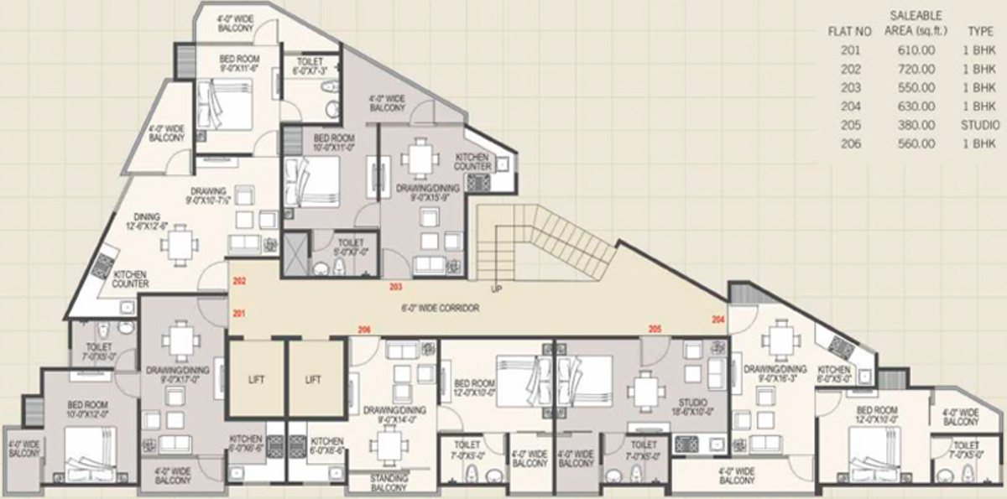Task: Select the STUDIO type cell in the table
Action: coord(980,125)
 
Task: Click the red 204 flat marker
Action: coord(717,320)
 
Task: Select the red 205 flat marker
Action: coord(655,330)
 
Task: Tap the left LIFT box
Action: coord(256,380)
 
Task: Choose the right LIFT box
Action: coord(313,380)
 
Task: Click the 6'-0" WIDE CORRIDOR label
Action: coord(446,309)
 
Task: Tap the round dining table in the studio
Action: coord(644,389)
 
